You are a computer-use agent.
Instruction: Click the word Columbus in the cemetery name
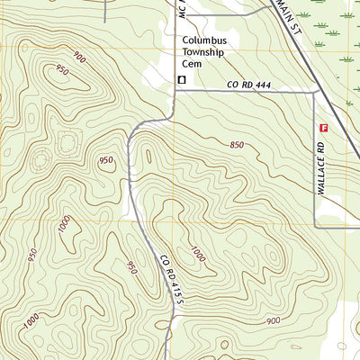click(x=204, y=40)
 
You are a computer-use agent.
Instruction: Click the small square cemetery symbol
click(x=181, y=80)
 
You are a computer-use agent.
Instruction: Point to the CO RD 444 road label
click(x=248, y=85)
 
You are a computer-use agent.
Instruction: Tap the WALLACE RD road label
click(x=321, y=169)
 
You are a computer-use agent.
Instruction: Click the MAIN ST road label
click(x=302, y=16)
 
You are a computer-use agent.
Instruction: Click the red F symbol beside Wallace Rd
click(x=323, y=129)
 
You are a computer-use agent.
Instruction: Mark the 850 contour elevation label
click(x=237, y=145)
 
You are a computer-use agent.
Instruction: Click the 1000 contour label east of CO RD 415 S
click(x=197, y=254)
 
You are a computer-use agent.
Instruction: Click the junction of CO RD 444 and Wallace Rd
click(x=314, y=91)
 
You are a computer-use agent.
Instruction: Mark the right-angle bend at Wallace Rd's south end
click(x=314, y=225)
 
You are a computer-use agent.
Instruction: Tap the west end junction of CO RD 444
click(x=175, y=91)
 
